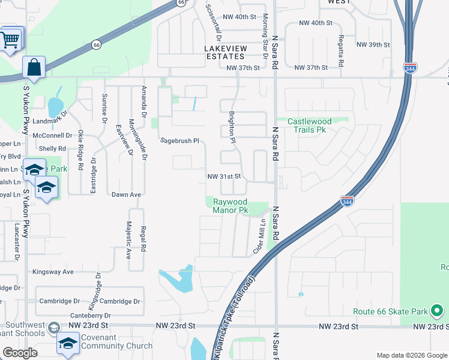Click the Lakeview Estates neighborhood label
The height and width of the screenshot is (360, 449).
225,52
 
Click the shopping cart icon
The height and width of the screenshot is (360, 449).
10,40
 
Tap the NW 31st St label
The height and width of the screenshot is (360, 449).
224,176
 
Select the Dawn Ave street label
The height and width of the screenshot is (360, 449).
126,194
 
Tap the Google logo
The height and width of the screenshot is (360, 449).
20,353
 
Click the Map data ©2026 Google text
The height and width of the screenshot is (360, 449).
411,355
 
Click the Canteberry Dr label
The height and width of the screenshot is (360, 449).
91,315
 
